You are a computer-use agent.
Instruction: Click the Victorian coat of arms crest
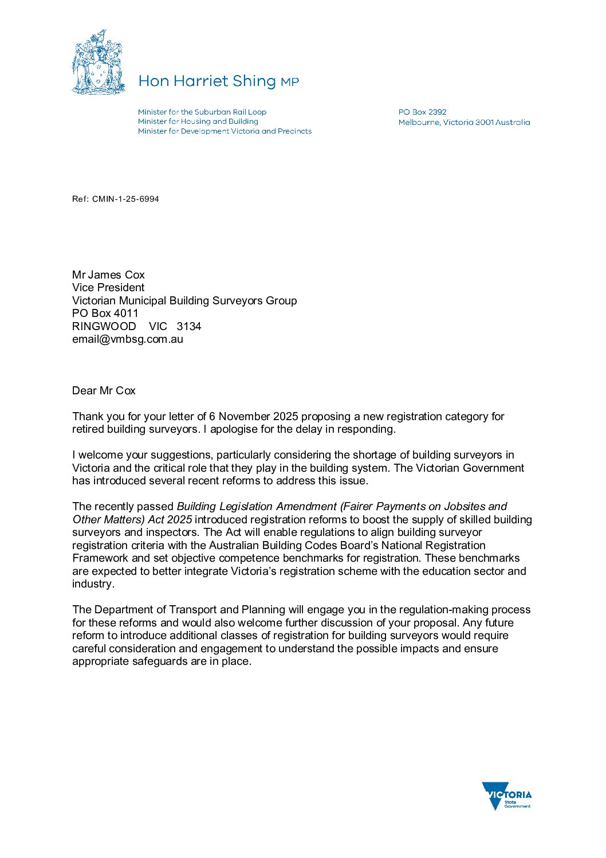tap(98, 62)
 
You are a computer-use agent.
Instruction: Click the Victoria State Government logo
tap(507, 796)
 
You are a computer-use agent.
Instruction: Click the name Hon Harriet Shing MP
tap(218, 81)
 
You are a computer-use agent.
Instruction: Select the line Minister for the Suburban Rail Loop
tap(202, 112)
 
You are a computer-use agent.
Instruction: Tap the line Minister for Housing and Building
tap(198, 122)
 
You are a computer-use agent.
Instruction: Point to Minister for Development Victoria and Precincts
tap(225, 131)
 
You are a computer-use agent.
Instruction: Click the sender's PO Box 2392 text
tap(422, 112)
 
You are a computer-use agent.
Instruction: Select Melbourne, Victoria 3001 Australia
tap(464, 122)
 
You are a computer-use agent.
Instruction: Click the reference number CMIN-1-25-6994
tap(125, 199)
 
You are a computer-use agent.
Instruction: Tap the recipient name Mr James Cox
tap(108, 275)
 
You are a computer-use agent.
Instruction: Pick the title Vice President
tap(108, 288)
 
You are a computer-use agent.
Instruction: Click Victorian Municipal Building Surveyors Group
tap(184, 301)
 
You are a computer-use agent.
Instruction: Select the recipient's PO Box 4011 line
tap(105, 314)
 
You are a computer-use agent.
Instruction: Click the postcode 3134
tap(189, 327)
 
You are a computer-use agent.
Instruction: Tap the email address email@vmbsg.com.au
tap(128, 339)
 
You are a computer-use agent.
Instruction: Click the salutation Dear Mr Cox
tap(104, 391)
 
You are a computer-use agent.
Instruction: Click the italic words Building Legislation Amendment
tap(257, 507)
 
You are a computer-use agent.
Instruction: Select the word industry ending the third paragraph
tap(92, 584)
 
